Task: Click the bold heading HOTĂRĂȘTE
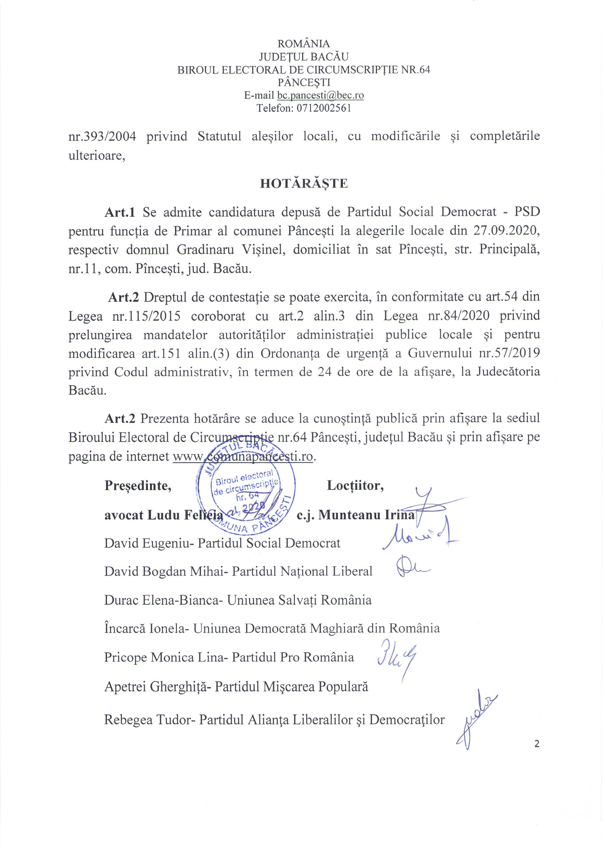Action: click(304, 184)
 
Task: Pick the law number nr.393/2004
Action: click(102, 136)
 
